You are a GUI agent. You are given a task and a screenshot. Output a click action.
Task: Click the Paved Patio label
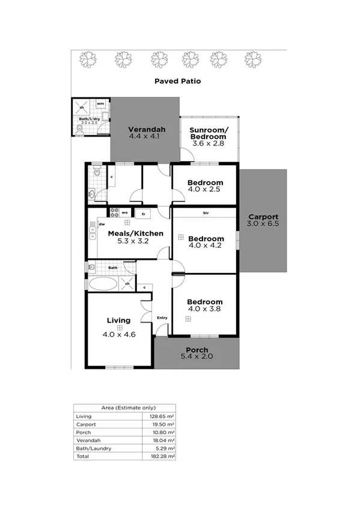click(177, 81)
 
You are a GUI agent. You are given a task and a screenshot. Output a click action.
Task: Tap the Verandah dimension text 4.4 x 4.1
click(147, 137)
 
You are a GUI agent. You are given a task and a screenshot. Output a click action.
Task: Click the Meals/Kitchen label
click(127, 233)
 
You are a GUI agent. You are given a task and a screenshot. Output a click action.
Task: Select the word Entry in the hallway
click(162, 318)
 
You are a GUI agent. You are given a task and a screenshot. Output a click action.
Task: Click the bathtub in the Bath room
click(105, 284)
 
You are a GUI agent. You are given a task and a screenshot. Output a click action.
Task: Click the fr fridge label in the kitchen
click(143, 214)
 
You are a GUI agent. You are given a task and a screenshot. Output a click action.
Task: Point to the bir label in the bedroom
click(206, 213)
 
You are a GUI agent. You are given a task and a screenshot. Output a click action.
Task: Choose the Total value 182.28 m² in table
click(163, 456)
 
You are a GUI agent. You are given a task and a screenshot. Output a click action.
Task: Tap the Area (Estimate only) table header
click(124, 408)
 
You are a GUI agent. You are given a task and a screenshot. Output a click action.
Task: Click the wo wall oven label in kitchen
click(125, 212)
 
